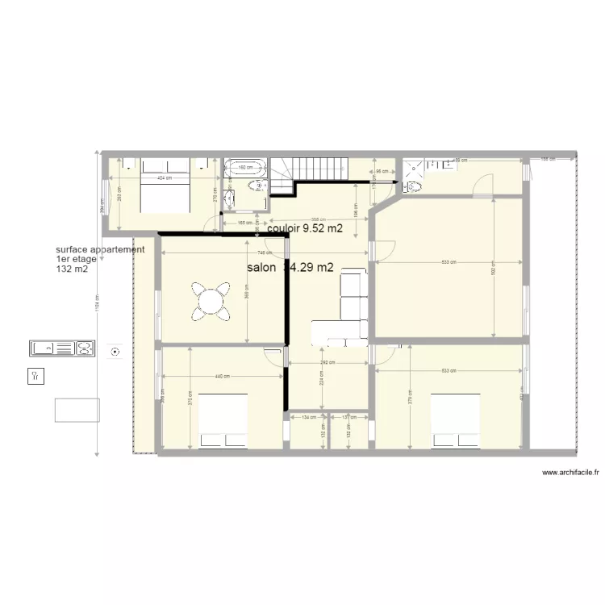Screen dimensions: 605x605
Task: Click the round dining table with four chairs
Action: [211, 300]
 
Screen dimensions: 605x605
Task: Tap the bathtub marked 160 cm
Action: [244, 169]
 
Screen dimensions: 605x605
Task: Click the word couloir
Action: [283, 228]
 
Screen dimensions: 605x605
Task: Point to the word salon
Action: [261, 267]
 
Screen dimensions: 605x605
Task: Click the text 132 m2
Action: [72, 269]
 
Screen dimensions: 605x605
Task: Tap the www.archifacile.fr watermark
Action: [570, 474]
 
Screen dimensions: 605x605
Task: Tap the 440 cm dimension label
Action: [220, 377]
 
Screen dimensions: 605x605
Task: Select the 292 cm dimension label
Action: [329, 363]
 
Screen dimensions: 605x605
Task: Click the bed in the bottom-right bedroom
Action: [455, 419]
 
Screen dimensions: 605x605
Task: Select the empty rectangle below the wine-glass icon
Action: [77, 410]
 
